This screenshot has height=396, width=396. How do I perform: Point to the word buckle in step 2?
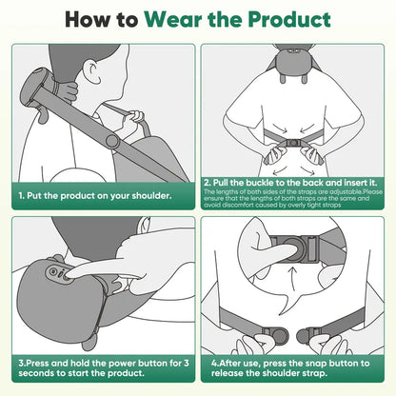[252, 181]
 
